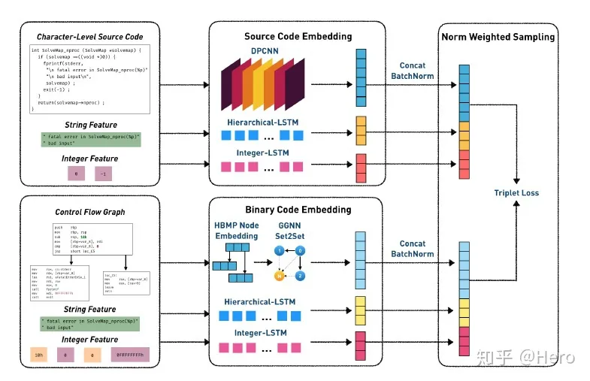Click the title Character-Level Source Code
click(x=89, y=37)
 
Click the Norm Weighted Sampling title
click(x=498, y=36)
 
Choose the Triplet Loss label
click(x=516, y=192)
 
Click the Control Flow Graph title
click(x=90, y=213)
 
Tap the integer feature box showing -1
click(x=104, y=174)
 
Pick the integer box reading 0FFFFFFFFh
click(x=132, y=352)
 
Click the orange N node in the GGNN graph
click(x=279, y=275)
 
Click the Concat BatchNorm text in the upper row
click(x=413, y=70)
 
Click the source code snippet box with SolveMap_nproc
click(x=89, y=79)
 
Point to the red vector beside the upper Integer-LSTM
click(x=361, y=164)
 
